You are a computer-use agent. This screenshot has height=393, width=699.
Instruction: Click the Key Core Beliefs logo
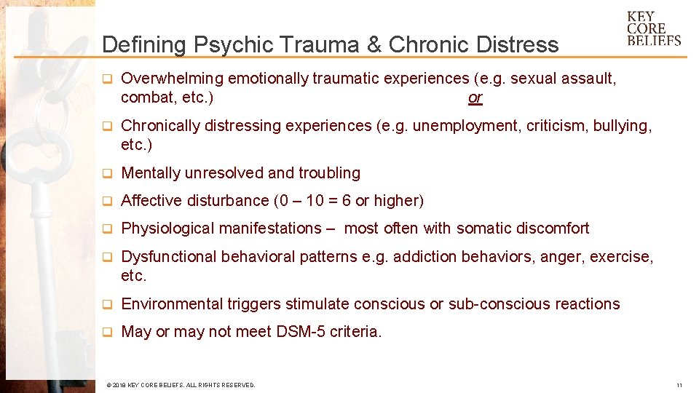coord(653,29)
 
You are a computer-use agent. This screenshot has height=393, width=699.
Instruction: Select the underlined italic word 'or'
coord(475,98)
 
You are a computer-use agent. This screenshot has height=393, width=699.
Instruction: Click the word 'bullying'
coord(620,126)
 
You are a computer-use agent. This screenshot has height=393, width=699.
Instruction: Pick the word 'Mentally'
coord(151,173)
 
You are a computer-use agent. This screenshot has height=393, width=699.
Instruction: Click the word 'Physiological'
coord(165,229)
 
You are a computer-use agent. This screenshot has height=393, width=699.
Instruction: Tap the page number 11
coord(679,385)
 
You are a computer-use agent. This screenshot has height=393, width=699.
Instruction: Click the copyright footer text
coord(181,385)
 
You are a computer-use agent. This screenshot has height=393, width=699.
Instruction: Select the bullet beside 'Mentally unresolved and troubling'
coord(106,173)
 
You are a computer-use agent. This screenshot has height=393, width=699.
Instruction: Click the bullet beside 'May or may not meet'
coord(106,332)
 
